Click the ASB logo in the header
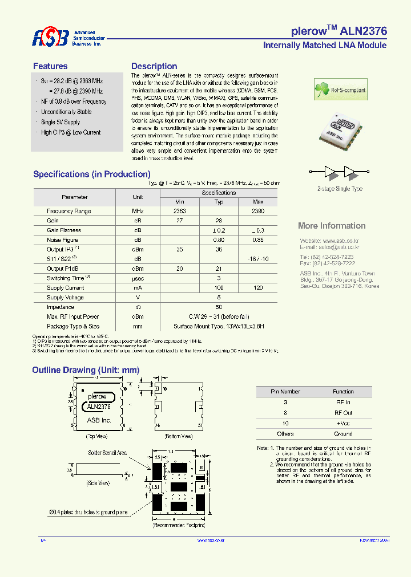click(50, 38)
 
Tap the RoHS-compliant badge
click(340, 90)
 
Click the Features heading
click(50, 66)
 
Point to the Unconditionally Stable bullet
click(66, 112)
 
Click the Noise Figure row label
click(63, 240)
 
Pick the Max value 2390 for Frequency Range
click(258, 211)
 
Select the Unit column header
click(138, 197)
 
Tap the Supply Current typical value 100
click(219, 288)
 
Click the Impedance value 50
click(219, 307)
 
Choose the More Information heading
click(332, 226)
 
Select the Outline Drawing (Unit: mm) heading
click(86, 370)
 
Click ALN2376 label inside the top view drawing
click(99, 407)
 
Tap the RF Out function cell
click(343, 413)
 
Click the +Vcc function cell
click(343, 423)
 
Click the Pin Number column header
click(285, 392)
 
